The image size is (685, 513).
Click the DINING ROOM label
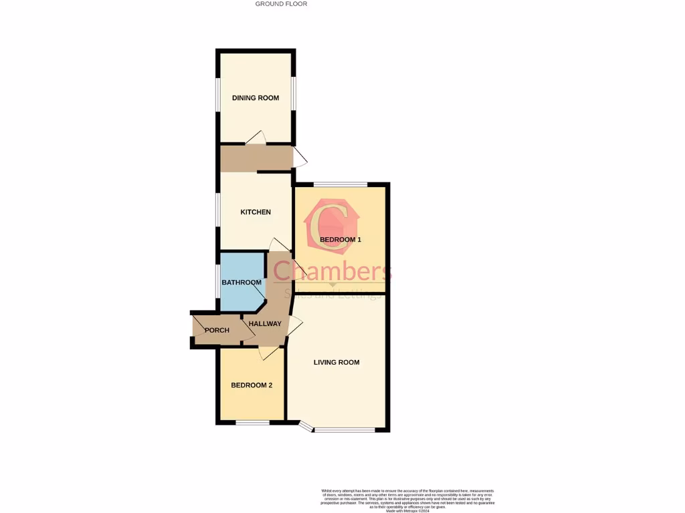[256, 98]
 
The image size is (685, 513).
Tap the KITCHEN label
[256, 212]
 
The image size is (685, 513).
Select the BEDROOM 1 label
[340, 240]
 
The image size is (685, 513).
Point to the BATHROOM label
[241, 283]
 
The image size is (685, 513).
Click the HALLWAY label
[265, 324]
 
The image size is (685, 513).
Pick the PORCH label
[217, 330]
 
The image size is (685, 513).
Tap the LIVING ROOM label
[336, 362]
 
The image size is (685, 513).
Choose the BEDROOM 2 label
[252, 385]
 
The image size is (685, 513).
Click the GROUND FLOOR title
[281, 4]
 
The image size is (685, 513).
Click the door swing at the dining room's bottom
[257, 137]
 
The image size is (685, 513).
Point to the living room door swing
[294, 326]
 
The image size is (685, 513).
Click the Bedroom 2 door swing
[270, 353]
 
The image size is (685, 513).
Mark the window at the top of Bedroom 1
[340, 184]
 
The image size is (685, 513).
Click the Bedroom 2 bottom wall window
[252, 422]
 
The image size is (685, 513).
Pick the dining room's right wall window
[293, 94]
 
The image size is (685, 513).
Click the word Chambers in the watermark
[332, 271]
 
